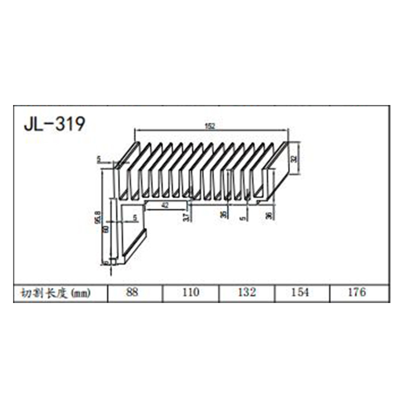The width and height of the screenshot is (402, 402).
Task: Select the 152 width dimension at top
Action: (210, 127)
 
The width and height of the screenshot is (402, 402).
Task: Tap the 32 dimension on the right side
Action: (294, 158)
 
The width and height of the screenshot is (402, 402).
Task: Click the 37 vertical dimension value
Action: (186, 217)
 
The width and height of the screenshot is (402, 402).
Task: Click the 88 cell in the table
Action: (132, 292)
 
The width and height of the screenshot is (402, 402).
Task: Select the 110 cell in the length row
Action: (190, 292)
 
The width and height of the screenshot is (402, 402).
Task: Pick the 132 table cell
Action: (246, 292)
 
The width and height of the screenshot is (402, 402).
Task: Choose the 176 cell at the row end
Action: (357, 292)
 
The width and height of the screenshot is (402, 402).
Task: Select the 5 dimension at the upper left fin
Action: (99, 160)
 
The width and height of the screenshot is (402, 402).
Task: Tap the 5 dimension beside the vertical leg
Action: (134, 218)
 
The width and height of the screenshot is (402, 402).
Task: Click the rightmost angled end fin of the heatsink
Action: (278, 166)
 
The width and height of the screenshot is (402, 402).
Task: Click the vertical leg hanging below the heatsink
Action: (114, 231)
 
